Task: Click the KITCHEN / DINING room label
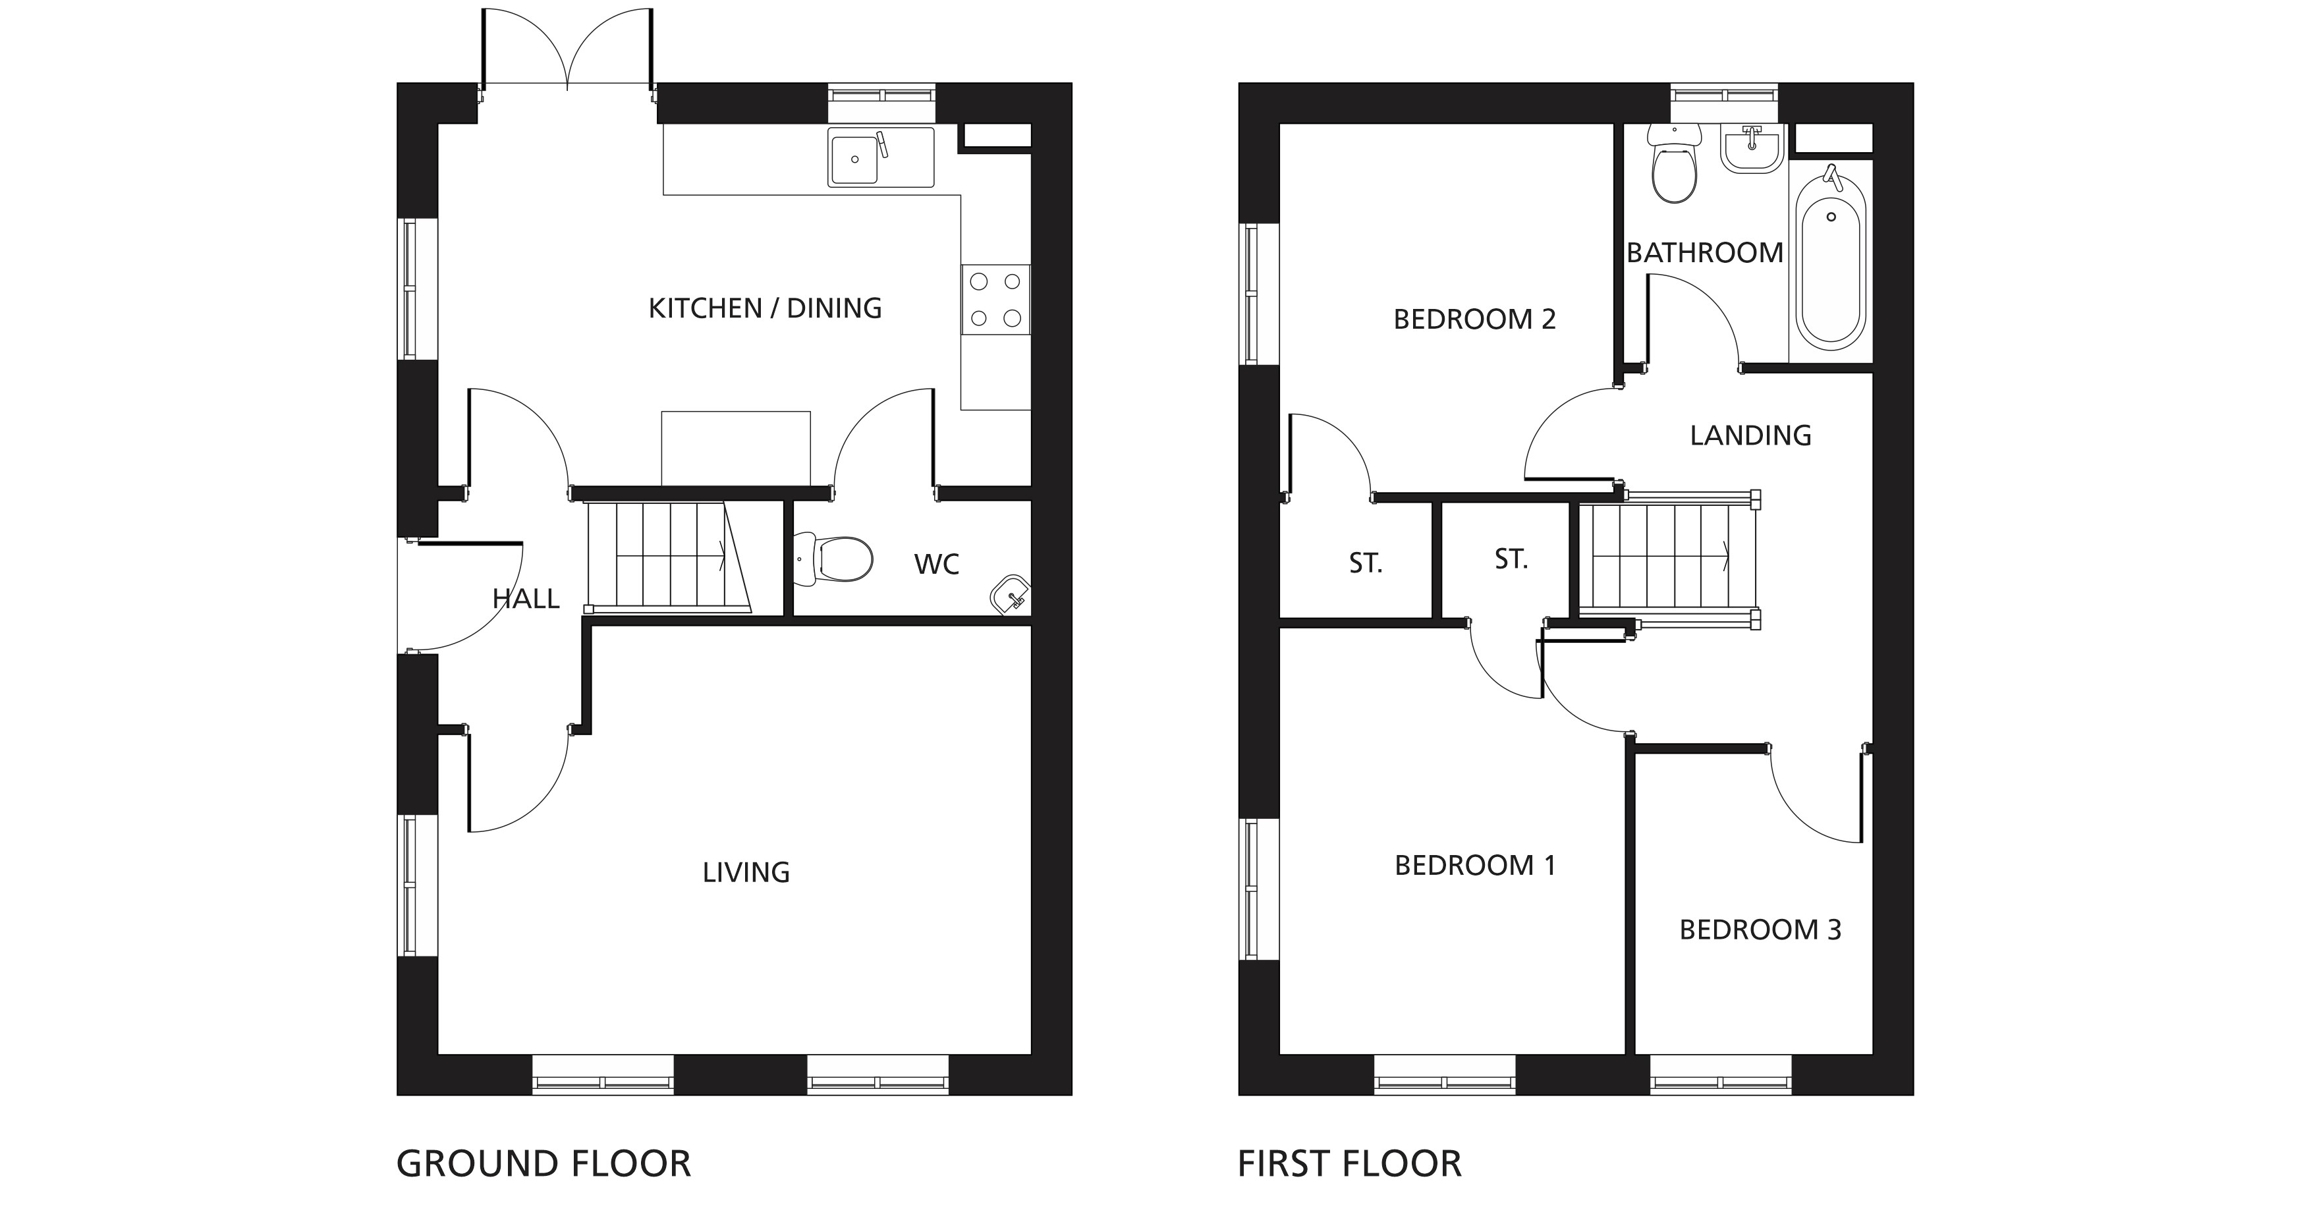coord(766,308)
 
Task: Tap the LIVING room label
coord(746,873)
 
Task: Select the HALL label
coord(526,598)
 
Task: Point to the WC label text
coord(937,565)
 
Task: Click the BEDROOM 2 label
coord(1475,319)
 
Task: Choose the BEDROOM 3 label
coord(1760,930)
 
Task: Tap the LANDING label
coord(1751,436)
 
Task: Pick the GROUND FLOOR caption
coord(543,1165)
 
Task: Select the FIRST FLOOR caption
coord(1350,1165)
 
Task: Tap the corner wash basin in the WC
coord(1012,595)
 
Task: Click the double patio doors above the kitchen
coord(567,50)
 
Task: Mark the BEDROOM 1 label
coord(1475,866)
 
